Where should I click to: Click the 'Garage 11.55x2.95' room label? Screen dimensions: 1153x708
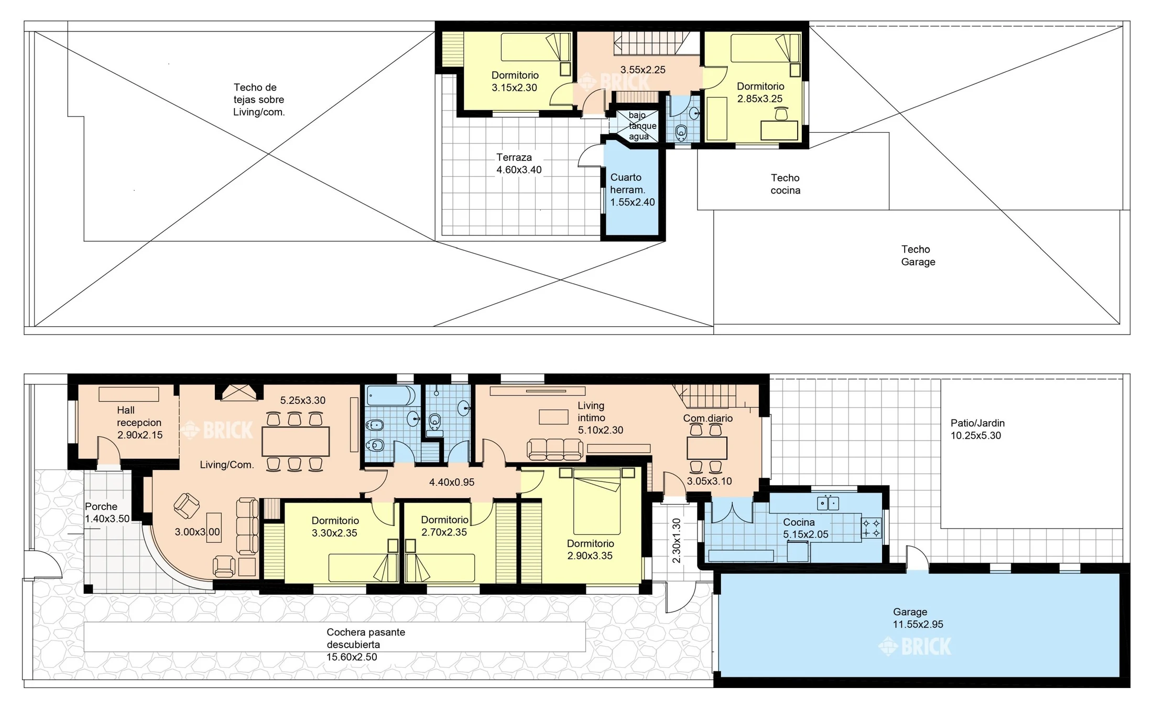click(918, 618)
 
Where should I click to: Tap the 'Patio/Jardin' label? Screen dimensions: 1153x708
click(977, 423)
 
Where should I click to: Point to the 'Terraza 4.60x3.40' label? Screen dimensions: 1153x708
click(519, 164)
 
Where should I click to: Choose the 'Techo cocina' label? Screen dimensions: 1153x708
click(785, 184)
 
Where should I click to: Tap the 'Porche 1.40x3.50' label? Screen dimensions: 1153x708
click(107, 512)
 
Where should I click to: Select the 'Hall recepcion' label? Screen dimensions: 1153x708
click(139, 416)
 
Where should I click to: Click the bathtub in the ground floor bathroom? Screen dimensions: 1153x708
click(391, 395)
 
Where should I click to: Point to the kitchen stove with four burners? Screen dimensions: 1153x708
click(871, 528)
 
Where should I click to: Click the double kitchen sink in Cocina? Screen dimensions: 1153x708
click(828, 503)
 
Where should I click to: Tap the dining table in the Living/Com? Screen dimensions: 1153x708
click(296, 442)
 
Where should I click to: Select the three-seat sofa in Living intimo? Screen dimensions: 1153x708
click(554, 449)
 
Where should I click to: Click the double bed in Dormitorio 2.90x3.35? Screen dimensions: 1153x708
click(597, 501)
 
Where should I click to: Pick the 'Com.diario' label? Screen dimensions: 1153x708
click(708, 419)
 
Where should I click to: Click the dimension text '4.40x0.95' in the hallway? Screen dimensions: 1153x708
click(452, 482)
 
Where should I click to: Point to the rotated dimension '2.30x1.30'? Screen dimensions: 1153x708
click(676, 541)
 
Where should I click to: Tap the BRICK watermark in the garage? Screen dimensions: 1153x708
click(915, 646)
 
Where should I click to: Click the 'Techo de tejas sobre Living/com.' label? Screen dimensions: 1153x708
click(259, 100)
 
